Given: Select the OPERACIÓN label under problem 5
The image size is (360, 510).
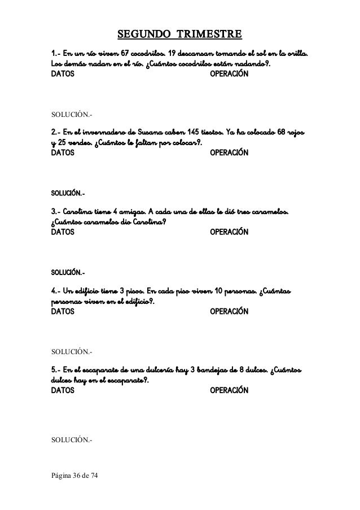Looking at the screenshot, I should click(229, 390).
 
